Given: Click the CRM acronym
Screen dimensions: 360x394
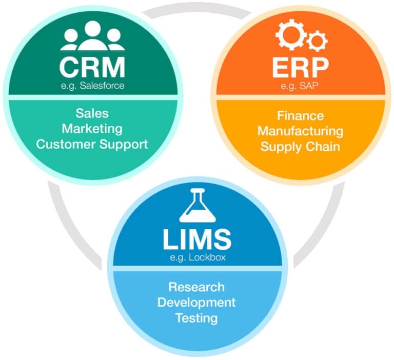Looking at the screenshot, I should [x=92, y=67].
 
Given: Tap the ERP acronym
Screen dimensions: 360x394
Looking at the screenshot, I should [x=300, y=67].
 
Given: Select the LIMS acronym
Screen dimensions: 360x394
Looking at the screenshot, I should [x=196, y=238].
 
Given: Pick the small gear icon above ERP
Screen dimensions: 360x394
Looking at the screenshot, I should [x=317, y=40].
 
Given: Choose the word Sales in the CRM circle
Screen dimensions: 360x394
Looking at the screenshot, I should [x=92, y=113].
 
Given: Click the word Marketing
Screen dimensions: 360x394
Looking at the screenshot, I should [x=92, y=128].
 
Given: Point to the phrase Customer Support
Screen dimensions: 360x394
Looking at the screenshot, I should [x=92, y=144].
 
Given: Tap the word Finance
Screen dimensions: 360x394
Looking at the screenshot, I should [x=300, y=115].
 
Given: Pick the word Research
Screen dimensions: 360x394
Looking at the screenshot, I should [x=196, y=287].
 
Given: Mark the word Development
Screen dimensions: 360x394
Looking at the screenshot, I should [x=196, y=302].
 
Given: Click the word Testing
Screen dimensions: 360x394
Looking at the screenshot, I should [x=196, y=318].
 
